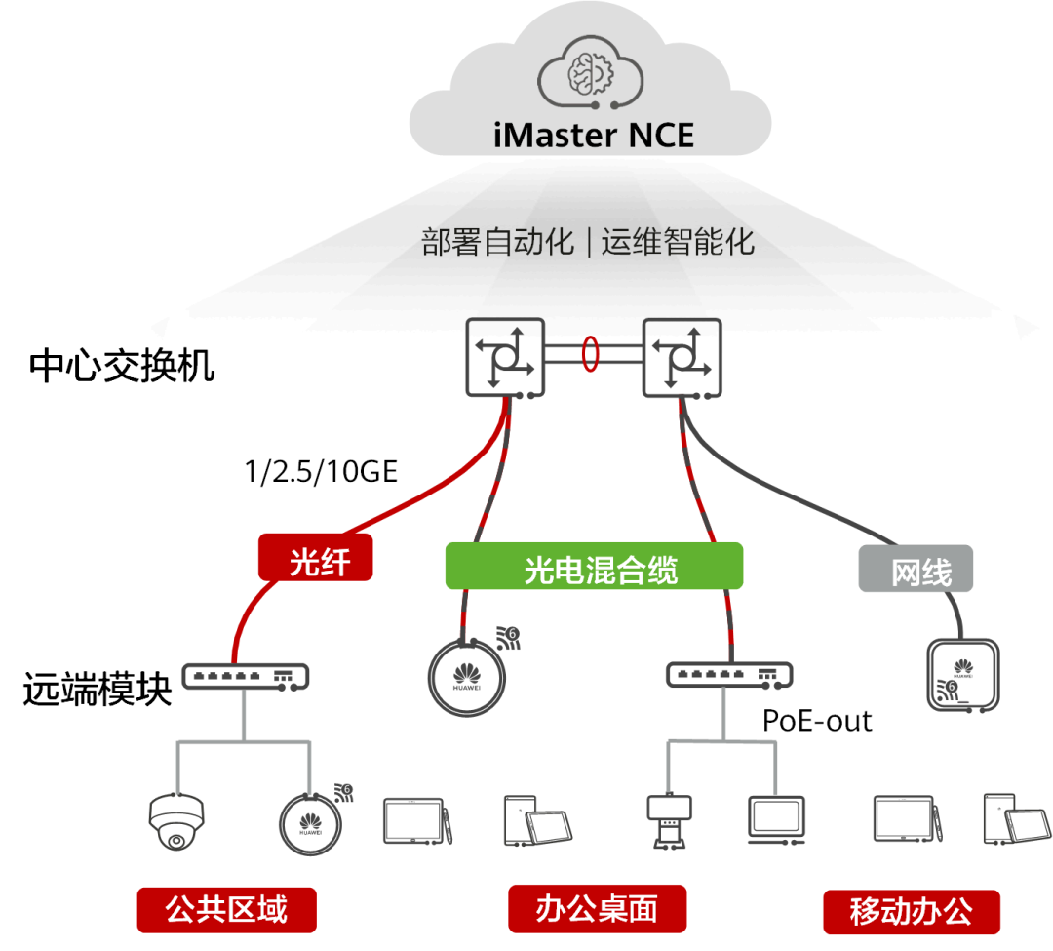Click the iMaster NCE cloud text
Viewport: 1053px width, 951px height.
593,134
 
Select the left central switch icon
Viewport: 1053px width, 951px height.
504,356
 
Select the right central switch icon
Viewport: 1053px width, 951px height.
681,356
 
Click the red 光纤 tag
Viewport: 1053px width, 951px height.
315,560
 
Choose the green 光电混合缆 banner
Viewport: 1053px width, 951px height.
594,567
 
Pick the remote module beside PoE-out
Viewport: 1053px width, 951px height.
729,675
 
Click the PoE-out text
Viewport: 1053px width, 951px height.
817,721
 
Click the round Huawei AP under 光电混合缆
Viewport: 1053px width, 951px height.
469,674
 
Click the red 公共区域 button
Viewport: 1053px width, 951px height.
227,909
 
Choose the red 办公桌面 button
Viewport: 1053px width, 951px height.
597,909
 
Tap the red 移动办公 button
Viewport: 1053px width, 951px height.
911,912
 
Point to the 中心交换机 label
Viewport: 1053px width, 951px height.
122,367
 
